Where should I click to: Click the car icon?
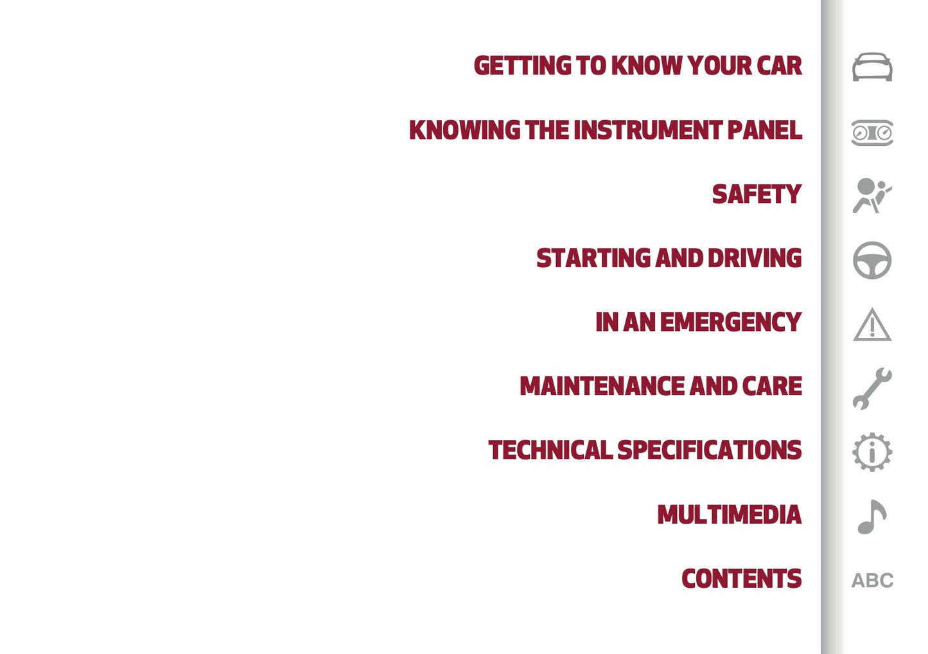pyautogui.click(x=872, y=67)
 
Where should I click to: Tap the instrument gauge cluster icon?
pyautogui.click(x=872, y=132)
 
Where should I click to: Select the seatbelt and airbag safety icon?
pyautogui.click(x=871, y=195)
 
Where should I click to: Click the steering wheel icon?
pyautogui.click(x=872, y=260)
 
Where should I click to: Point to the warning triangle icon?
pyautogui.click(x=872, y=324)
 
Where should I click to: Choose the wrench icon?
pyautogui.click(x=871, y=388)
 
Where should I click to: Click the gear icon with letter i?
pyautogui.click(x=872, y=452)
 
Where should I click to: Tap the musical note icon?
pyautogui.click(x=871, y=517)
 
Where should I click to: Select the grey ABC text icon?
pyautogui.click(x=872, y=580)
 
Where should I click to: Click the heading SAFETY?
pyautogui.click(x=757, y=194)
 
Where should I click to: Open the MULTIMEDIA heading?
pyautogui.click(x=729, y=515)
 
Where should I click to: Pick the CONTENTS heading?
pyautogui.click(x=741, y=579)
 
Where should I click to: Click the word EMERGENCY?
pyautogui.click(x=730, y=323)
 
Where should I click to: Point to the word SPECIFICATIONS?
pyautogui.click(x=709, y=450)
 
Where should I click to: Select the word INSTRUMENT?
pyautogui.click(x=648, y=130)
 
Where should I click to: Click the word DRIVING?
pyautogui.click(x=754, y=258)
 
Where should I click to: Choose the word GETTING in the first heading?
pyautogui.click(x=522, y=66)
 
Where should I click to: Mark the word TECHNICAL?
pyautogui.click(x=550, y=450)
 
